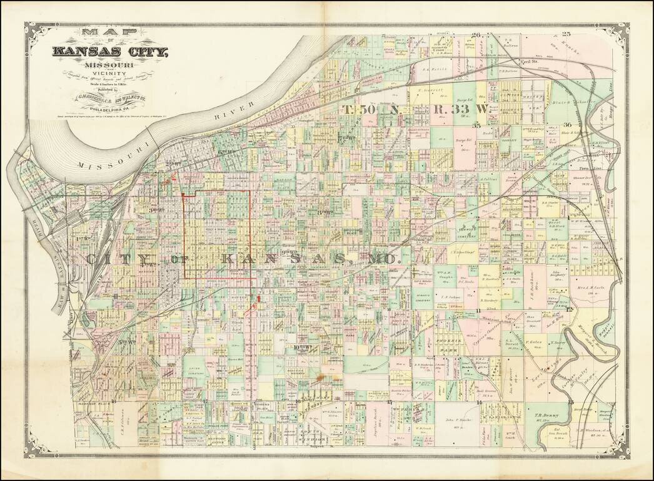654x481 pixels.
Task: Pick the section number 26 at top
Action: pos(476,35)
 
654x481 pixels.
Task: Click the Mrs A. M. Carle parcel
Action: pos(587,294)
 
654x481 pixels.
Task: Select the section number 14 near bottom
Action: pos(478,402)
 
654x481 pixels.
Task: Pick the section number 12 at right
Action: pos(569,309)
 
